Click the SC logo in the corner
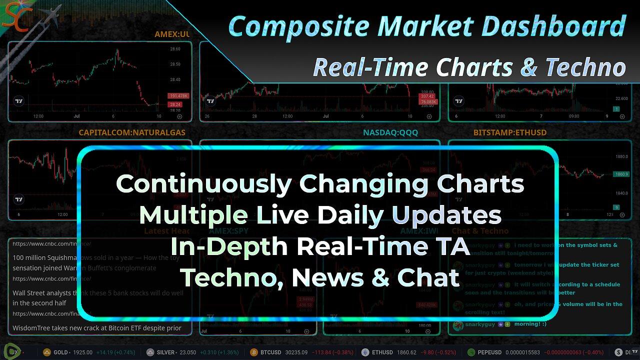coord(12,17)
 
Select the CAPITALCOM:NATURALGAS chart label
coord(132,132)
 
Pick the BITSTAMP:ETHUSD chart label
coord(509,132)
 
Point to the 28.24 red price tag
coord(175,104)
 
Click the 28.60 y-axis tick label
coord(175,49)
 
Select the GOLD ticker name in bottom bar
coord(60,352)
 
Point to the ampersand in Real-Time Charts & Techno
coord(528,67)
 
